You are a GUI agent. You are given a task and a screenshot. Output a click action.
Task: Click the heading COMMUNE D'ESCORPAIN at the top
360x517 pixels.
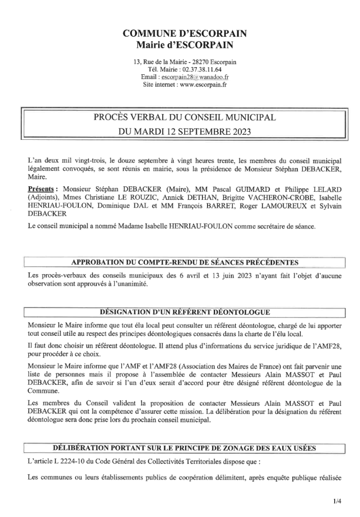[185, 34]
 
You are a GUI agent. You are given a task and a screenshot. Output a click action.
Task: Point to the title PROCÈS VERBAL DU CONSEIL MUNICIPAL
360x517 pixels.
[185, 118]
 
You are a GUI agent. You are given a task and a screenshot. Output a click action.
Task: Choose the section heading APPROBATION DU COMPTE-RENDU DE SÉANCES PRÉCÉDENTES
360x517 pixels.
[185, 262]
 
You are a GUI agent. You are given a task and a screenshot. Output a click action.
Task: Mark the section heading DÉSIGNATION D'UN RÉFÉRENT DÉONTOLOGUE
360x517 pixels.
[185, 312]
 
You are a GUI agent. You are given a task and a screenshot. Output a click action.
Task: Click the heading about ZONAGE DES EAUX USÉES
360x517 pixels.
[185, 448]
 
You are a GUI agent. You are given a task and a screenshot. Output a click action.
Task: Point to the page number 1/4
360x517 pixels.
[337, 502]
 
